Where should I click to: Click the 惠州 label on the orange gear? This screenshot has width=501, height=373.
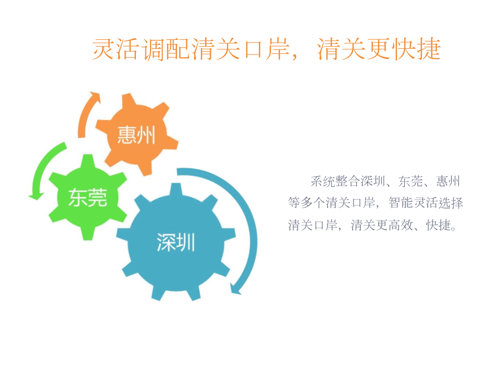(136, 135)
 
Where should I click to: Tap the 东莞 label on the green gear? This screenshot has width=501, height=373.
(87, 198)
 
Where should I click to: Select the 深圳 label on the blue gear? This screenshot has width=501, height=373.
(176, 242)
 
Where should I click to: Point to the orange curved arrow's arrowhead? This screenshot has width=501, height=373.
(95, 97)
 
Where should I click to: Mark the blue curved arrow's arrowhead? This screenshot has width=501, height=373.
(236, 289)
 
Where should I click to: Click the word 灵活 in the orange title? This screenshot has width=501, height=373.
(116, 49)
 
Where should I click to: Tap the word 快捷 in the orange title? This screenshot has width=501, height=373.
(417, 49)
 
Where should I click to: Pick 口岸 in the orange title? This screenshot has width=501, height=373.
(267, 49)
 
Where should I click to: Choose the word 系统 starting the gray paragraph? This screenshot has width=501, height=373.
(323, 181)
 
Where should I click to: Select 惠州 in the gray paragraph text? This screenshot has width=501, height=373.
(448, 181)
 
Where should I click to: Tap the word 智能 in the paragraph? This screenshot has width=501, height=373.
(401, 203)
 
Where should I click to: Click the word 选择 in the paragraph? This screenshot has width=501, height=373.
(451, 203)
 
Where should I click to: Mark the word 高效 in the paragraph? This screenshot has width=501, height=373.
(401, 225)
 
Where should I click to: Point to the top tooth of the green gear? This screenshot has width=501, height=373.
(87, 161)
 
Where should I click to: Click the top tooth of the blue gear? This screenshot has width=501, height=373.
(176, 190)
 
